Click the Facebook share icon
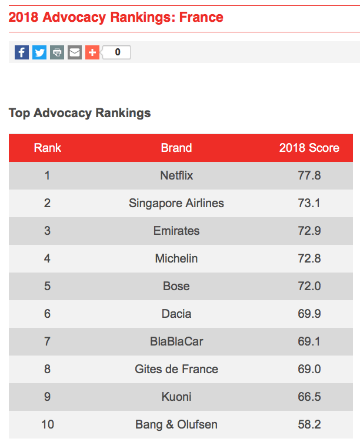(x=22, y=52)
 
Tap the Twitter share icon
(x=39, y=52)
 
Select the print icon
(x=57, y=52)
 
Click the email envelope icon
(x=75, y=52)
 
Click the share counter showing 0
(x=117, y=52)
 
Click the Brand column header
(x=176, y=148)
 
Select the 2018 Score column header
(x=309, y=148)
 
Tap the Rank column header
(x=48, y=148)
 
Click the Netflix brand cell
(x=176, y=175)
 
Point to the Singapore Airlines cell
(x=176, y=203)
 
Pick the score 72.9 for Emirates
(x=309, y=231)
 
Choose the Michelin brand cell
(x=176, y=258)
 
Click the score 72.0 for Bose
(x=309, y=286)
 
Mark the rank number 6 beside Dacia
(x=48, y=314)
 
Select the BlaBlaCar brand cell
(x=176, y=341)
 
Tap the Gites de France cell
(x=176, y=369)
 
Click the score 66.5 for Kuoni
(x=309, y=397)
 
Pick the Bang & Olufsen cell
(x=176, y=424)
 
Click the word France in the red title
(x=201, y=17)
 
